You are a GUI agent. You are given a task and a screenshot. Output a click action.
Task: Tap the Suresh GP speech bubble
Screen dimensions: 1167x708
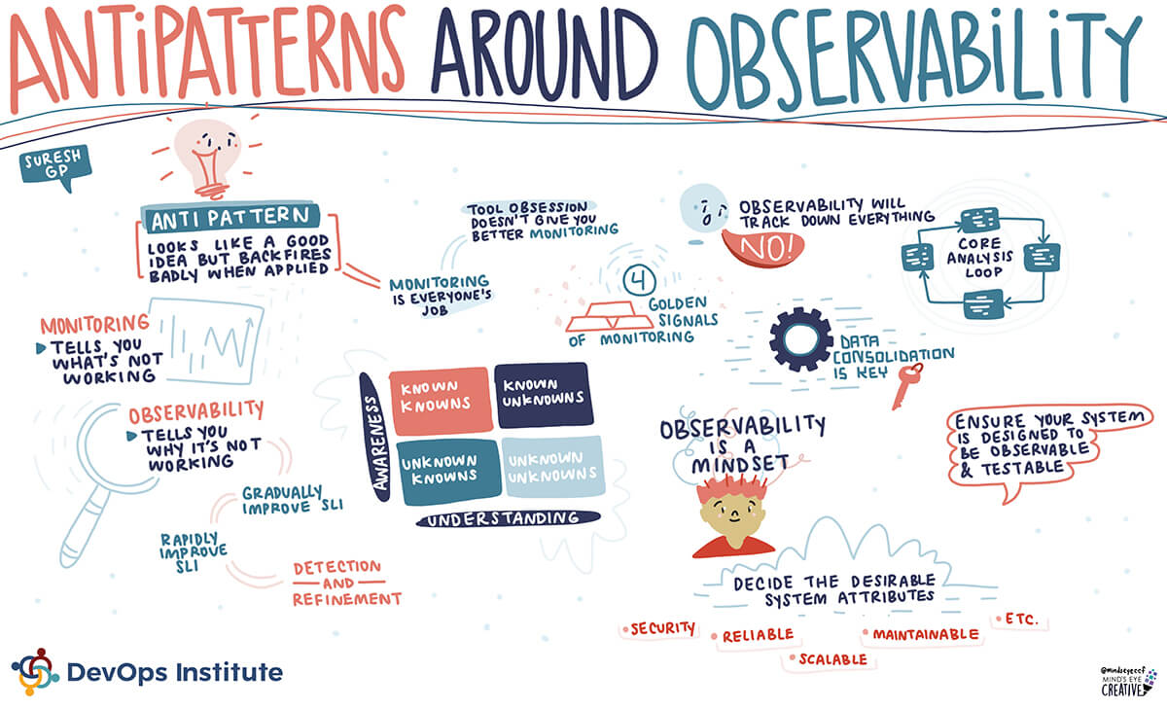pos(55,165)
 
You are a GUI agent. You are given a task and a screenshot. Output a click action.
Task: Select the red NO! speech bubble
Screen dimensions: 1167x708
pos(762,247)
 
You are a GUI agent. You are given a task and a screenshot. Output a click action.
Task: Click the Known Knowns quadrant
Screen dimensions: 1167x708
pos(441,400)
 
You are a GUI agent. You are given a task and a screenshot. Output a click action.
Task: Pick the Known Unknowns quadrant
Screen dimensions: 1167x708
pos(544,396)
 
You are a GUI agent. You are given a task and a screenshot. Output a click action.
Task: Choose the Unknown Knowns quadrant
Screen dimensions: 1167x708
pos(448,472)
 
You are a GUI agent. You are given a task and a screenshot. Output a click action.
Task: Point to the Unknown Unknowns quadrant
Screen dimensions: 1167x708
pos(552,466)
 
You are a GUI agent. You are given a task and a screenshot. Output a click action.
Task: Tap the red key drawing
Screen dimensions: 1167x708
pos(907,385)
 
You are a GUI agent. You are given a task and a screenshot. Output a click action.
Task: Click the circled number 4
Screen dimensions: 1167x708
pos(639,281)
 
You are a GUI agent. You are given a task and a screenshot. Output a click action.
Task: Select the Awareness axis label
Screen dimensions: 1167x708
pos(376,437)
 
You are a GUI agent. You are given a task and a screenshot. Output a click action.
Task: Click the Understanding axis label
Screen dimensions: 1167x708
pos(508,519)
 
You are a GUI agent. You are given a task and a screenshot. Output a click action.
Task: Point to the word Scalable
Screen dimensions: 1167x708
pos(833,659)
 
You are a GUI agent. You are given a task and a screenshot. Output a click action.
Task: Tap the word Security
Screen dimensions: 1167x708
pos(662,629)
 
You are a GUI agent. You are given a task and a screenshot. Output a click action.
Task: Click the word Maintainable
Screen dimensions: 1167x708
pos(926,634)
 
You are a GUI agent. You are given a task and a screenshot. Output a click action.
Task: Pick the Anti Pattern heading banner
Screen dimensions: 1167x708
pos(230,217)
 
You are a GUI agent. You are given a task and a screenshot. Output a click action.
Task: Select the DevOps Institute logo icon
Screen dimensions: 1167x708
pos(34,672)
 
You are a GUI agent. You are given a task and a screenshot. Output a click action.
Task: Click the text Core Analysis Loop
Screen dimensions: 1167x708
pos(980,258)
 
